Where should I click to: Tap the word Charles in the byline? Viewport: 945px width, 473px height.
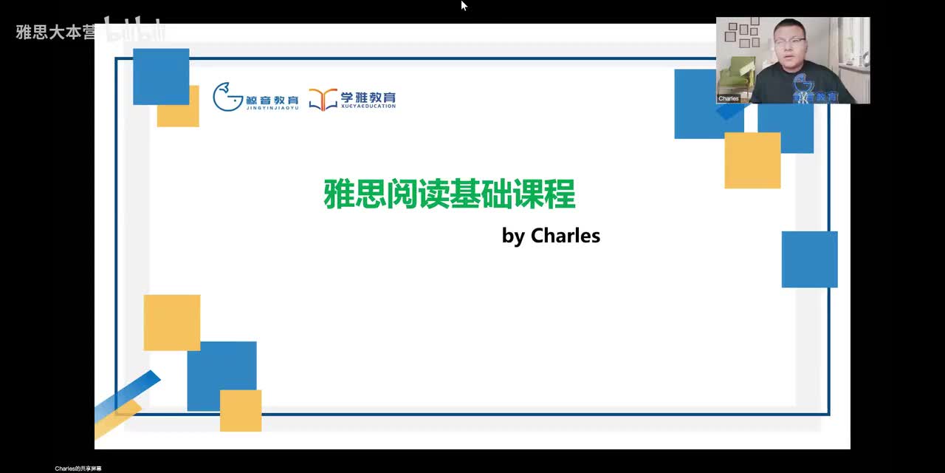[x=566, y=236]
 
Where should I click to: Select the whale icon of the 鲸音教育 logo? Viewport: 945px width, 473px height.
[x=227, y=97]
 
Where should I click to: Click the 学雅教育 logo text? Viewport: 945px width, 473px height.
[x=368, y=97]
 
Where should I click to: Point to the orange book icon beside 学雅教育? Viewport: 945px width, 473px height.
[x=323, y=99]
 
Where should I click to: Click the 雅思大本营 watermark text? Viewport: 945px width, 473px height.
[x=55, y=33]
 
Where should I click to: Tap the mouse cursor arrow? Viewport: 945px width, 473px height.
[x=464, y=5]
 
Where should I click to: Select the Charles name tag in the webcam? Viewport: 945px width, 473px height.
[x=729, y=98]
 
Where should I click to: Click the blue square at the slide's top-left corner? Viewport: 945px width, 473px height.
[x=161, y=76]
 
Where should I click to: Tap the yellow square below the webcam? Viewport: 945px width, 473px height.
[x=752, y=160]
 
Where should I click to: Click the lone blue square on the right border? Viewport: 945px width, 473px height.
[x=809, y=259]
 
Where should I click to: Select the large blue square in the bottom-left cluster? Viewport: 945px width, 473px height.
[x=221, y=370]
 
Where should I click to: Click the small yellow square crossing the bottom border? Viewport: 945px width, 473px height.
[x=241, y=411]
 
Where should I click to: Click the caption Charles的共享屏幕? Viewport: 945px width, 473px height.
[x=78, y=469]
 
